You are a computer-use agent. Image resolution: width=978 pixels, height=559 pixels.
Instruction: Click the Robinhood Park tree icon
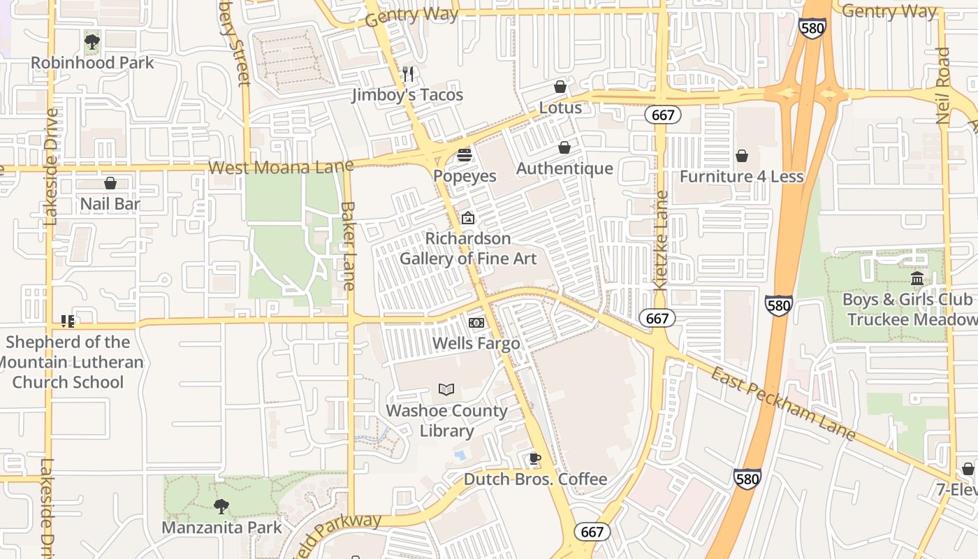pos(92,42)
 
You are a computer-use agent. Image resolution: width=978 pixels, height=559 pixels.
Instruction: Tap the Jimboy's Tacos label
pos(407,94)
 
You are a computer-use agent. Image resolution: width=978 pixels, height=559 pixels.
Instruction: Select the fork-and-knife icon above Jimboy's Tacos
pos(409,73)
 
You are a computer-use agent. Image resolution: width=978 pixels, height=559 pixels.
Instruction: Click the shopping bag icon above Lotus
pos(560,87)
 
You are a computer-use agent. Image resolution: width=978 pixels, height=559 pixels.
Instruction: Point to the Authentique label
pos(564,168)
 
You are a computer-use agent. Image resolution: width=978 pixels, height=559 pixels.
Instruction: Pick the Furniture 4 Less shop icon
pos(741,155)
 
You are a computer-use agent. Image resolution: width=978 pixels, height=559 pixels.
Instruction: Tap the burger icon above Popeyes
pos(465,154)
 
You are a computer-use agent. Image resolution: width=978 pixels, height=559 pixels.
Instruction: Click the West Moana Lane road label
pos(281,167)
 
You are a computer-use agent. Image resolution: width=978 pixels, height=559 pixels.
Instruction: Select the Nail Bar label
pos(110,204)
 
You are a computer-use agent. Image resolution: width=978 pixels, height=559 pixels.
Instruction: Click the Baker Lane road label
pos(348,245)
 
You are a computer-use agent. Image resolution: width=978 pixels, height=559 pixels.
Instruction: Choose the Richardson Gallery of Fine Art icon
pos(467,219)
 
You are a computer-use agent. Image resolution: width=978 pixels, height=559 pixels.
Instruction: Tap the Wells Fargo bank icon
pos(476,323)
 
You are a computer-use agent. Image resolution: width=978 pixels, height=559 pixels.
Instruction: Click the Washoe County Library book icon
pos(446,389)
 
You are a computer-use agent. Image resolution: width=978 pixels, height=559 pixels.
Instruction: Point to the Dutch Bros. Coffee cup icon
pos(534,458)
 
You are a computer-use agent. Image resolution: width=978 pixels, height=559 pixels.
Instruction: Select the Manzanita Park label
pos(222,527)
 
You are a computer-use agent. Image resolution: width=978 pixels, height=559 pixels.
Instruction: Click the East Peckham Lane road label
pos(783,404)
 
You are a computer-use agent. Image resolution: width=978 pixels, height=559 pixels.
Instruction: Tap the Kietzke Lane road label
pos(661,240)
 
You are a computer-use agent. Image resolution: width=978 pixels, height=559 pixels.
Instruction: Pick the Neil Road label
pos(943,85)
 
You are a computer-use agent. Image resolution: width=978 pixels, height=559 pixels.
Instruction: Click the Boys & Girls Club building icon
pos(917,279)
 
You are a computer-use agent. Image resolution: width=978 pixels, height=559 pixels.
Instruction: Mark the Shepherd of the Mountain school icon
pos(68,321)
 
